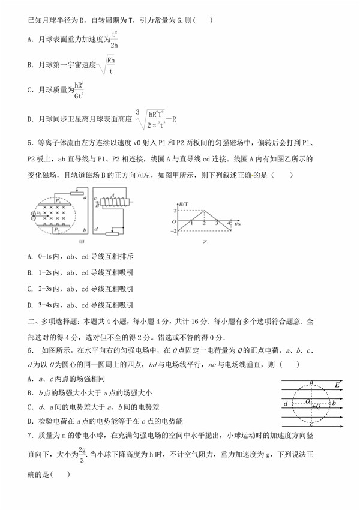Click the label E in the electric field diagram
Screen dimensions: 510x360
(338, 385)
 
